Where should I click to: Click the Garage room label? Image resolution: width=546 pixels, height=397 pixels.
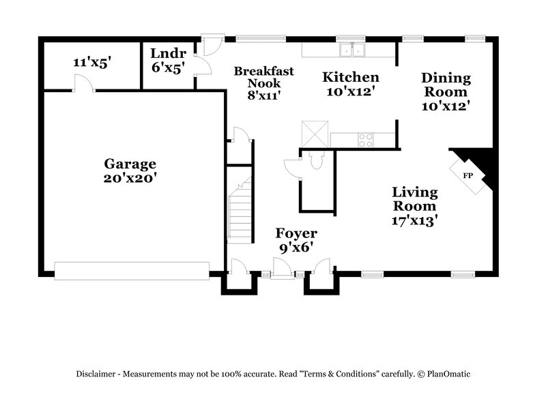click(x=130, y=164)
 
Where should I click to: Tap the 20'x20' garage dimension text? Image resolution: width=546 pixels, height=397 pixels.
click(x=130, y=179)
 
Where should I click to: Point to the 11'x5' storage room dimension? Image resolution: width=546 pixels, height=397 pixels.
click(x=92, y=62)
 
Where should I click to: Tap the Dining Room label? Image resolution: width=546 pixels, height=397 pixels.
click(x=444, y=85)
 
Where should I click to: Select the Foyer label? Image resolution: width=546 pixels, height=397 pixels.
click(x=296, y=234)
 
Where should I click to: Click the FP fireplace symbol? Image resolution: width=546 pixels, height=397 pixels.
click(x=468, y=176)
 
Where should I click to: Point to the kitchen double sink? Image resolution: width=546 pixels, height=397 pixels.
click(x=353, y=49)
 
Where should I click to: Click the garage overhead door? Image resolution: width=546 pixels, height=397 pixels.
click(x=132, y=270)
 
